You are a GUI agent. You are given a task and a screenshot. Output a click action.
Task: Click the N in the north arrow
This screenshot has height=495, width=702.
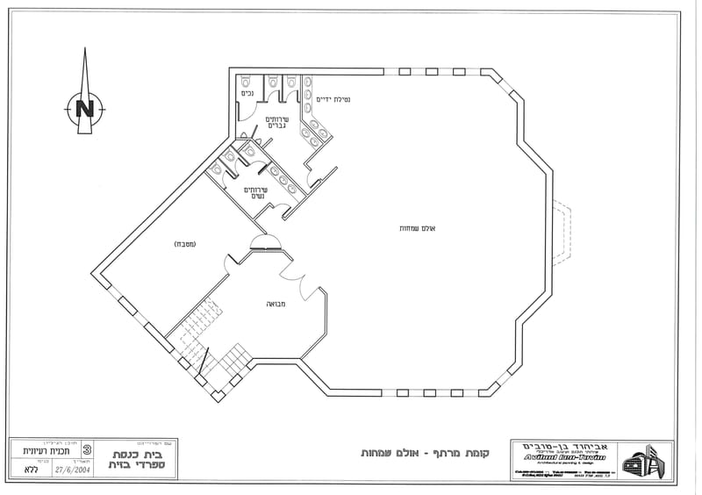coord(85,109)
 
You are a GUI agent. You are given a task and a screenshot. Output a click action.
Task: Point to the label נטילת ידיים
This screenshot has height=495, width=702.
coord(334,99)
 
